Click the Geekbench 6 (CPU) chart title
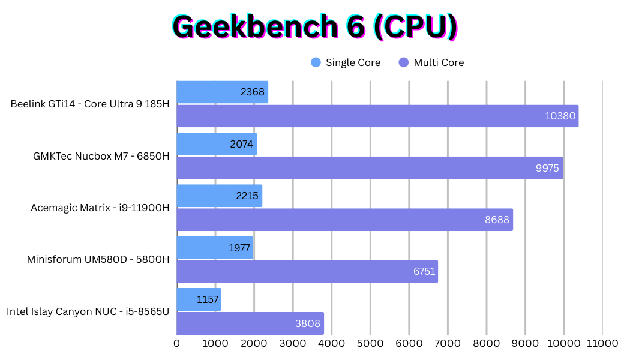click(315, 27)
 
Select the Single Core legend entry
click(352, 62)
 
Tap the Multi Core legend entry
click(438, 62)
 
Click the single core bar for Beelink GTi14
click(222, 92)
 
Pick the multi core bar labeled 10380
click(377, 116)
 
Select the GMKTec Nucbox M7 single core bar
click(217, 144)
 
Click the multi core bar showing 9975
click(370, 168)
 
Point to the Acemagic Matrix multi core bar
click(344, 220)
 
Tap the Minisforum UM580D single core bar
click(215, 248)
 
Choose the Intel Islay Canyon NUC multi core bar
click(250, 323)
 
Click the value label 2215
click(246, 196)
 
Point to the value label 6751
click(424, 271)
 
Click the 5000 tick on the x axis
click(370, 343)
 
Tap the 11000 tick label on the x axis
click(602, 343)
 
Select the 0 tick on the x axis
click(176, 343)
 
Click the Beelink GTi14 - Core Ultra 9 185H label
click(90, 104)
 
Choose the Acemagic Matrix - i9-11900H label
click(100, 208)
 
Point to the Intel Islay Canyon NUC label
click(88, 311)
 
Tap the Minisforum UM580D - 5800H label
click(98, 260)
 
